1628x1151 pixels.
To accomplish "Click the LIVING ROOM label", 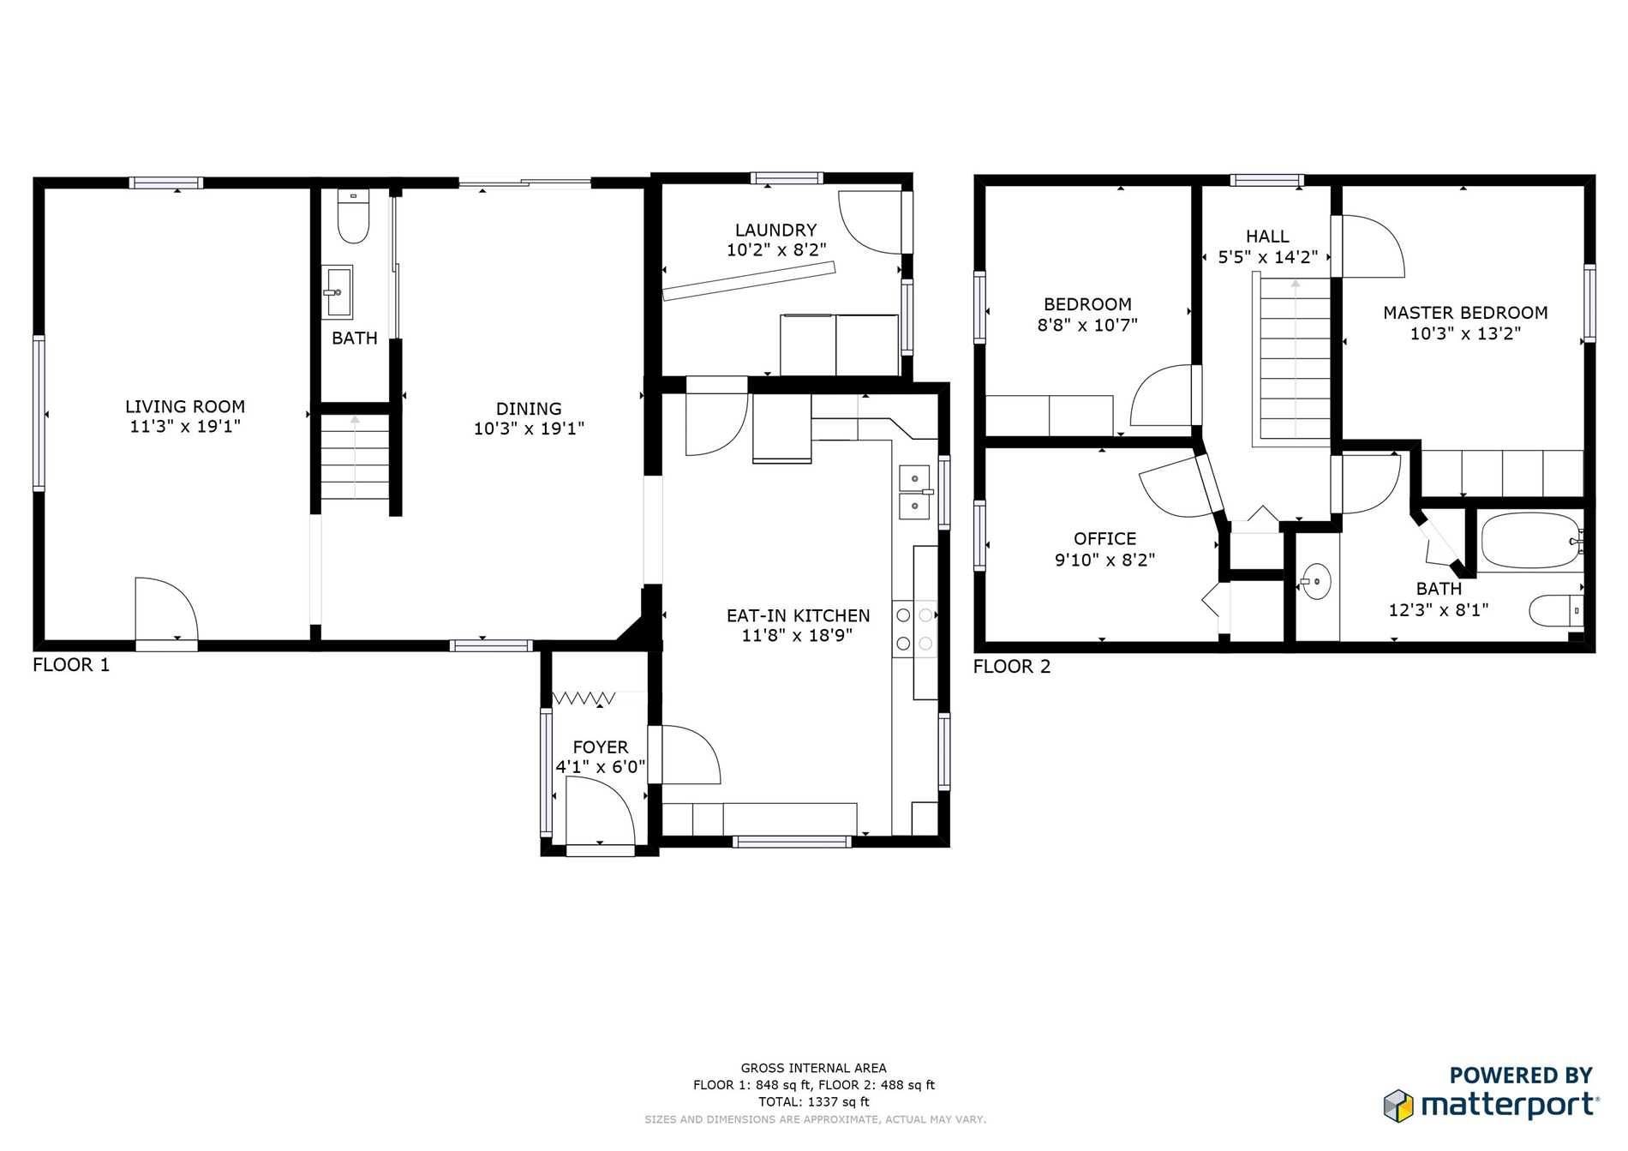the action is click(x=185, y=407).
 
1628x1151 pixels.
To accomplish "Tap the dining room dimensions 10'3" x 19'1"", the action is click(x=529, y=429).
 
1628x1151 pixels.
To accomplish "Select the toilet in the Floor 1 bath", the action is click(x=353, y=217).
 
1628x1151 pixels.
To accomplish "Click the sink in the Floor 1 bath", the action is click(x=338, y=292).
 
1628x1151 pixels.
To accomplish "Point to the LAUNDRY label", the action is click(x=775, y=231).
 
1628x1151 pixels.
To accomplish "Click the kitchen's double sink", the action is click(x=915, y=493).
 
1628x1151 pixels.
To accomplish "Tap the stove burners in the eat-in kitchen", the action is click(x=914, y=629).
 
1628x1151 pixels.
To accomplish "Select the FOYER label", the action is click(x=600, y=747).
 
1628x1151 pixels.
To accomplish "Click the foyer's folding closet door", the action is click(x=584, y=698).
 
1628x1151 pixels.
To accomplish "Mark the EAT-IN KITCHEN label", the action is click(x=798, y=615).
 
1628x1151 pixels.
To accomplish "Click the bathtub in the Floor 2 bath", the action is click(x=1530, y=541).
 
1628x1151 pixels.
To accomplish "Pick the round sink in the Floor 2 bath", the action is click(x=1316, y=582).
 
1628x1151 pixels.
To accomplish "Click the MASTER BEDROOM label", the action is click(x=1465, y=313).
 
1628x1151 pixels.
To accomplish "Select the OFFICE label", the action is click(x=1104, y=539).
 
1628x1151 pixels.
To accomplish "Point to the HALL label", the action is click(x=1267, y=237).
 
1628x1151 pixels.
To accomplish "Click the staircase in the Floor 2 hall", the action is click(x=1293, y=359).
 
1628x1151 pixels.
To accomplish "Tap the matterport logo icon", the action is click(x=1398, y=1106).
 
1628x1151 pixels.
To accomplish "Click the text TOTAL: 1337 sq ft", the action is click(x=813, y=1102).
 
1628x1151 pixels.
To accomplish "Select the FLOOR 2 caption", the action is click(x=1011, y=667).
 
